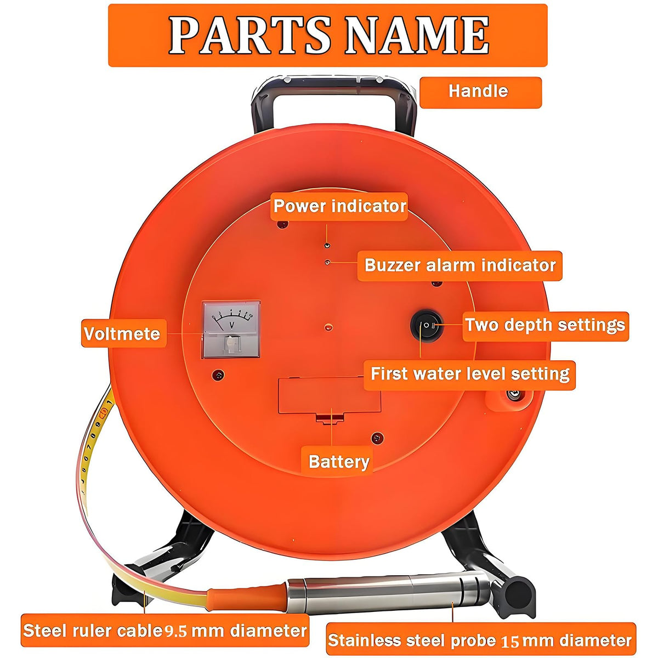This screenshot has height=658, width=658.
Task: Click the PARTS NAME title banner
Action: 328,35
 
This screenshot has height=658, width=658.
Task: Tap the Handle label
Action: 480,93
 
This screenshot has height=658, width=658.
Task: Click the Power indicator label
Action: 339,207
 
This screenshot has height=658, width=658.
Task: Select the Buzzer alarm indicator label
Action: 460,266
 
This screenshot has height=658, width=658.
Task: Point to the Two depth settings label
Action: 546,326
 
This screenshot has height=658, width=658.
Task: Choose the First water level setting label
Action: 469,375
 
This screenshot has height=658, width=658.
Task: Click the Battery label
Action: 337,462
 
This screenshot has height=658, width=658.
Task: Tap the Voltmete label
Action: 123,333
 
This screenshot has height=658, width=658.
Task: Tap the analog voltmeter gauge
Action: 231,330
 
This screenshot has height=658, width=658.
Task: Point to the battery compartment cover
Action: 330,395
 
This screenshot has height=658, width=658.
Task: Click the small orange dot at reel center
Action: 328,327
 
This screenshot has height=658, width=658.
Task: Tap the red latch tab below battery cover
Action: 330,419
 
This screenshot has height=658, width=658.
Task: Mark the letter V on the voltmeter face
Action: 232,325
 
